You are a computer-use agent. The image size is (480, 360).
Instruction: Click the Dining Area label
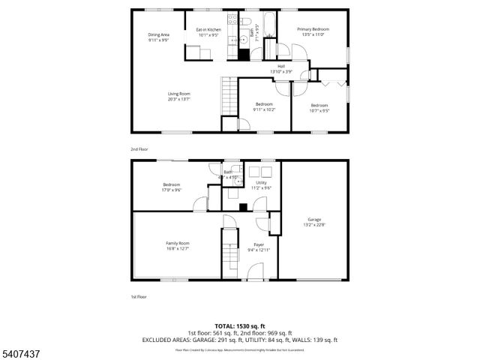point(157,34)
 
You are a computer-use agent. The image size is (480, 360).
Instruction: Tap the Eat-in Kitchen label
point(208,30)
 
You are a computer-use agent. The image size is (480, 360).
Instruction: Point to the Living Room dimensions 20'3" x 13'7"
point(178,98)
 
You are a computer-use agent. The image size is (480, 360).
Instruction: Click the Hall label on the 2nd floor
point(280,66)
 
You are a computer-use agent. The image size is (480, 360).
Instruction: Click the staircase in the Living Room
point(229,97)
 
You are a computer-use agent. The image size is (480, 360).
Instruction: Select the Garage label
point(313,220)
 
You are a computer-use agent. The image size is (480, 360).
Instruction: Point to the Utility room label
point(261,182)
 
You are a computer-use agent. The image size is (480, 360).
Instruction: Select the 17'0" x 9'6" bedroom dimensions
point(172,190)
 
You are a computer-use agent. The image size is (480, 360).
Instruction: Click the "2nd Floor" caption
point(139,149)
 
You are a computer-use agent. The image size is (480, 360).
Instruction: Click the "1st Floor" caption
point(139,297)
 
